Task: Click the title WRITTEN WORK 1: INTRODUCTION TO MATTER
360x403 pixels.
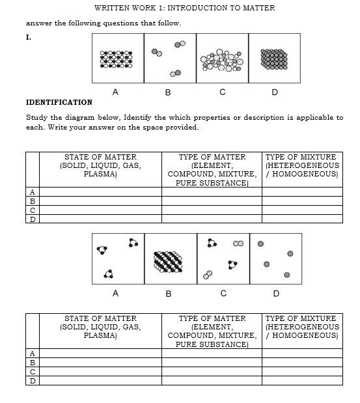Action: [184, 8]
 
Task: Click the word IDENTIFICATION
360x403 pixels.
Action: [59, 102]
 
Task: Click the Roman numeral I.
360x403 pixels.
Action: [28, 37]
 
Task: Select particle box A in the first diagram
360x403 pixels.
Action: [118, 59]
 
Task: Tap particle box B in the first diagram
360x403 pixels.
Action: [169, 59]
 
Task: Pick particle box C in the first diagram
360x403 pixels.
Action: [222, 59]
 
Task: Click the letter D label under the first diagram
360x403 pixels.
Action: [274, 92]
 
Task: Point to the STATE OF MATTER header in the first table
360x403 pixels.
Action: [100, 157]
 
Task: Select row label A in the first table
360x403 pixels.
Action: [31, 191]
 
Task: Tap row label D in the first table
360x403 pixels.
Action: [31, 219]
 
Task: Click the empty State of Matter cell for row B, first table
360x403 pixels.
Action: [100, 201]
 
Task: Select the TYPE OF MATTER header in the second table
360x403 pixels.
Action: [212, 318]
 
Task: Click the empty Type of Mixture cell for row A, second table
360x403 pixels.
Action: [301, 353]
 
